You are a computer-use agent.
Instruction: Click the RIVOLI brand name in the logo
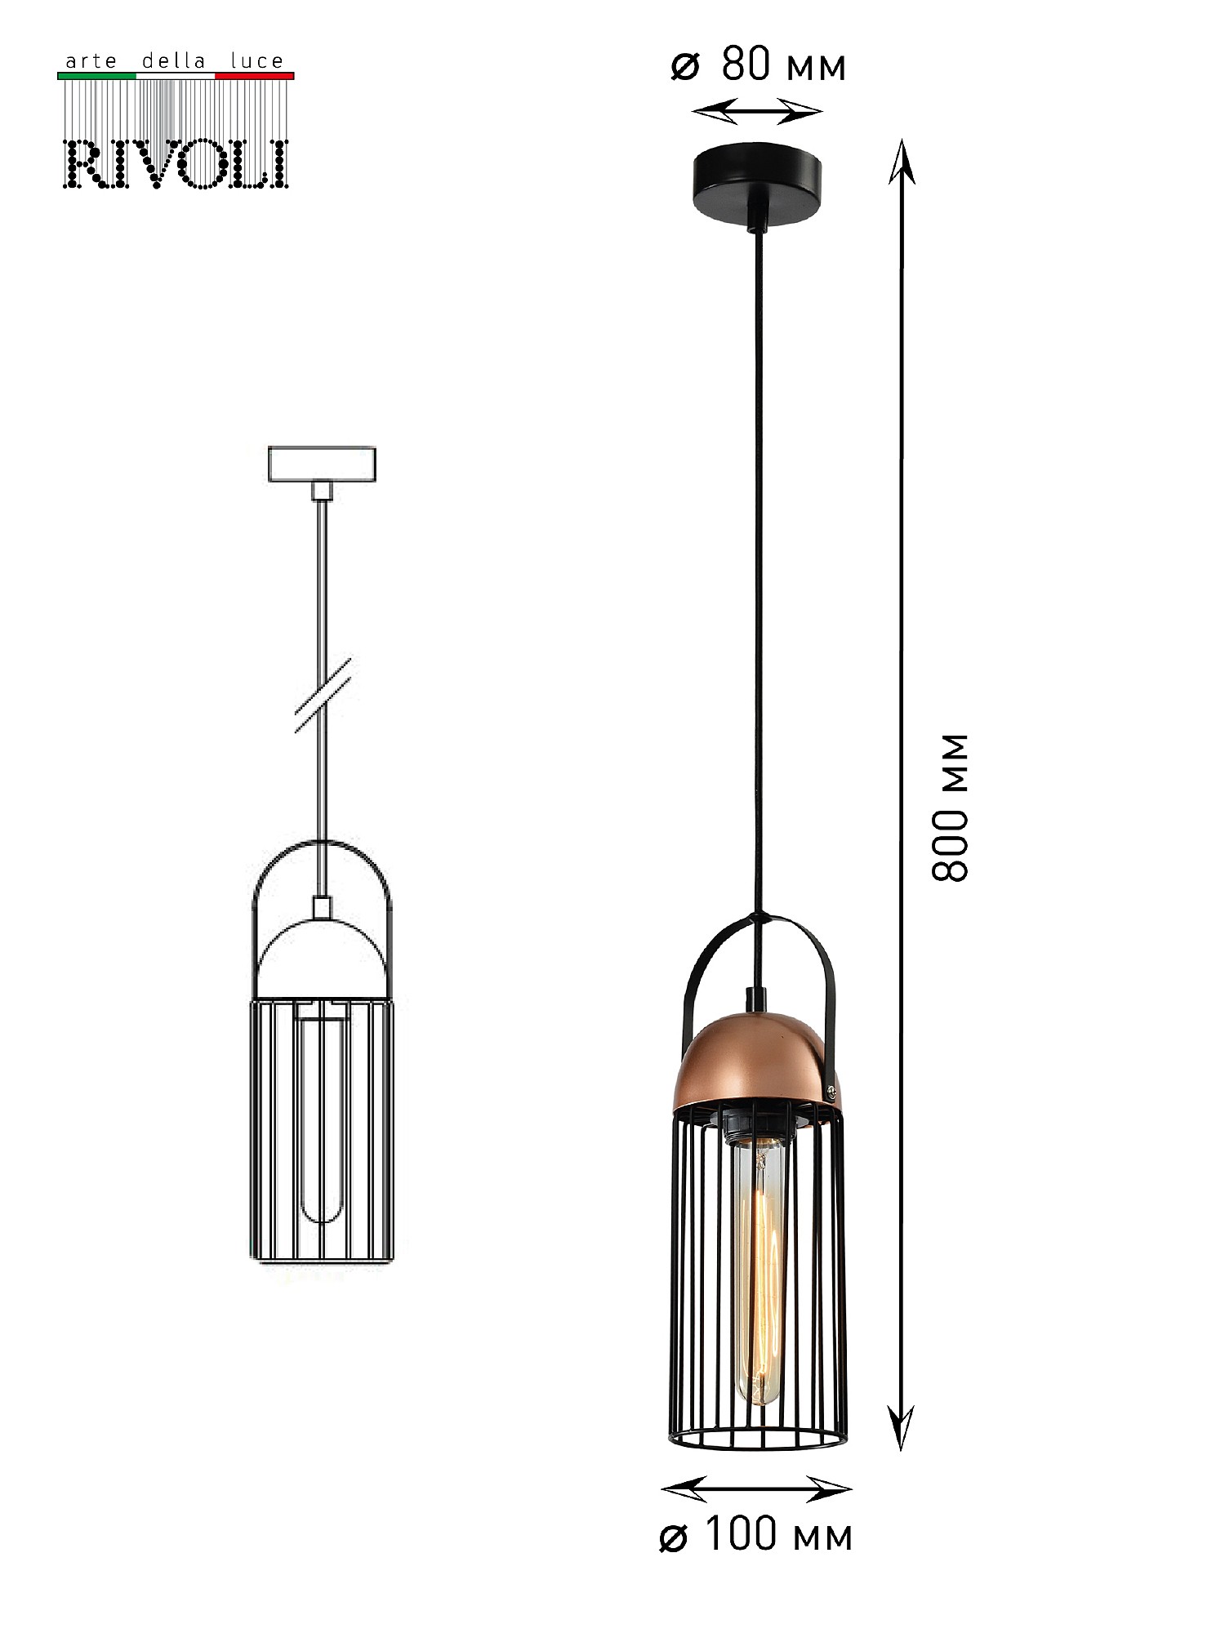(x=176, y=164)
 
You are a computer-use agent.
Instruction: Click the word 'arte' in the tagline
(x=91, y=61)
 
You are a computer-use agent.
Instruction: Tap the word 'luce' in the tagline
(x=256, y=61)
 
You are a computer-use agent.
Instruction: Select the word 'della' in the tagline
(x=174, y=61)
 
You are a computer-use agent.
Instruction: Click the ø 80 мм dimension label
(x=759, y=65)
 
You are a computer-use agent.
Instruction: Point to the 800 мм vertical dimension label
(x=951, y=808)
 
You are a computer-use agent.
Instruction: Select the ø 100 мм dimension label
(x=756, y=1535)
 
